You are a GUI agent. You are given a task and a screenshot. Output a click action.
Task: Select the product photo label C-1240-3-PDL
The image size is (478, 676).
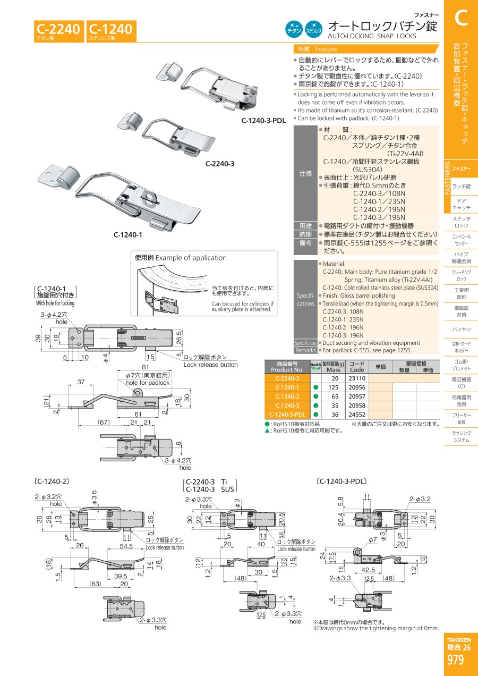pyautogui.click(x=263, y=121)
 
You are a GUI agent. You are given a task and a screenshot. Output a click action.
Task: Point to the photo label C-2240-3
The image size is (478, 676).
pyautogui.click(x=220, y=164)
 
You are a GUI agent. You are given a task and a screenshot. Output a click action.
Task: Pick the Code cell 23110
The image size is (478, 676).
pyautogui.click(x=357, y=378)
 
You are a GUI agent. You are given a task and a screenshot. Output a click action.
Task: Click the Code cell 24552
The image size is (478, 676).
pyautogui.click(x=357, y=414)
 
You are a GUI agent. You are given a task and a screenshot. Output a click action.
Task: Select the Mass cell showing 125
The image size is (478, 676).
pyautogui.click(x=333, y=387)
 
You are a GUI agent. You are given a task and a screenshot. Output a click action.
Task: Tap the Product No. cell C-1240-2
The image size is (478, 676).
pyautogui.click(x=287, y=396)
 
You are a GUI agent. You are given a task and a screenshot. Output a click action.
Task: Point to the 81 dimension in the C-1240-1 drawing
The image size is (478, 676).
pyautogui.click(x=145, y=367)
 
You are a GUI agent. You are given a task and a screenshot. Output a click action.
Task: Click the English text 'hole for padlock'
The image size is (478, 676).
pyautogui.click(x=147, y=383)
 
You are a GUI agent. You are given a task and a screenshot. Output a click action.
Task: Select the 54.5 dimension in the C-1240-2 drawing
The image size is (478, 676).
pyautogui.click(x=127, y=546)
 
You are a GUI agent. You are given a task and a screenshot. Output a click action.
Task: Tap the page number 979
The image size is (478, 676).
pyautogui.click(x=455, y=660)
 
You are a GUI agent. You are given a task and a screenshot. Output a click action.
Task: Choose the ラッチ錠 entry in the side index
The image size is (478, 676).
pyautogui.click(x=460, y=186)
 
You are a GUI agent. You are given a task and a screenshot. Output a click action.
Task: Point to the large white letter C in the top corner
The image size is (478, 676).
pyautogui.click(x=460, y=17)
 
